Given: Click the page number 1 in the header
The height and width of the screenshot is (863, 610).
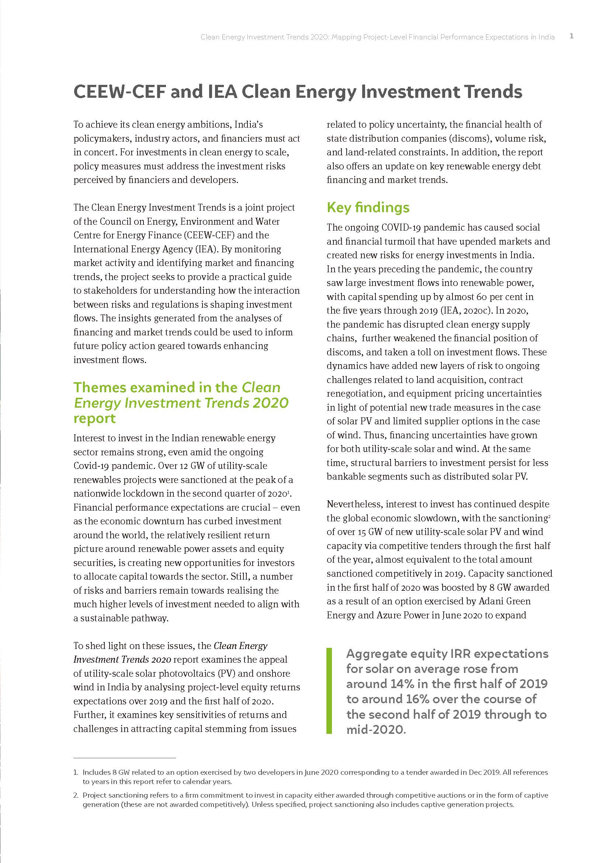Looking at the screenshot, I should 571,36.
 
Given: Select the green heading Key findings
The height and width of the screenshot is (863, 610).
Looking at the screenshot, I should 368,207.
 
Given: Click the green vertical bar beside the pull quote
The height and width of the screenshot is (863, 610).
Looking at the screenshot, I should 329,691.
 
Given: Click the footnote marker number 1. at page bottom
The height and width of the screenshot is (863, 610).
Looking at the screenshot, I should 76,772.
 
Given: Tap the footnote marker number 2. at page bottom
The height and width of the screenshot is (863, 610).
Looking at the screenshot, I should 76,795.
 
